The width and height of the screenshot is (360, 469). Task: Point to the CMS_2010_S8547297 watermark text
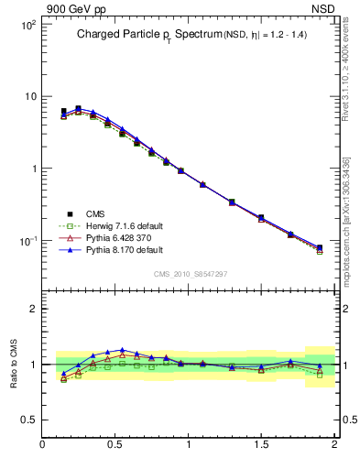(x=190, y=274)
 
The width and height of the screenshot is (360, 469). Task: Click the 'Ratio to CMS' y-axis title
(x=15, y=358)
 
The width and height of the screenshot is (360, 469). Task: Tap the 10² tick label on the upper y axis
(x=28, y=25)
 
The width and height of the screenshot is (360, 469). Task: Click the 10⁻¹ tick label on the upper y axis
(x=27, y=241)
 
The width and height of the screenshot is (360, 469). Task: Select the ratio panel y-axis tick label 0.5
(x=28, y=420)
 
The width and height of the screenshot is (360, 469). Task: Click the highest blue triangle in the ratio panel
(x=122, y=350)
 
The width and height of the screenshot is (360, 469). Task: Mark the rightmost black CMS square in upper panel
(x=320, y=248)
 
